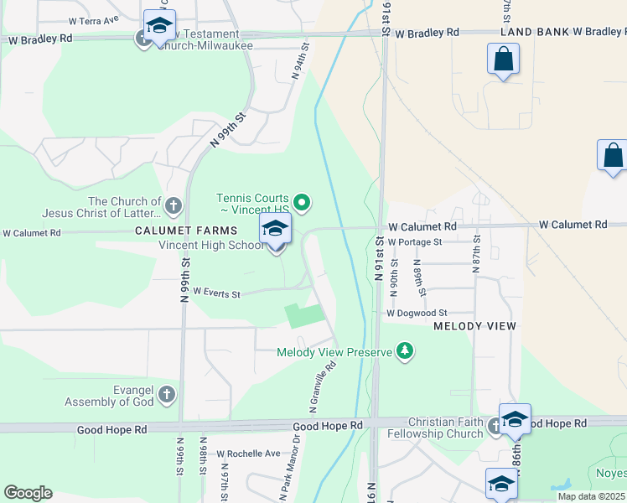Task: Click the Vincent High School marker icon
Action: (x=275, y=228)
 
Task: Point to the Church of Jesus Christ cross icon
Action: (x=173, y=205)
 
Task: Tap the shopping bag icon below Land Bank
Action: (x=503, y=60)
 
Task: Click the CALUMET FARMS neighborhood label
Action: (x=189, y=230)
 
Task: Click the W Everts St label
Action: (x=216, y=293)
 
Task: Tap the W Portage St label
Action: (x=414, y=242)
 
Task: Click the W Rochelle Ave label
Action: (x=248, y=454)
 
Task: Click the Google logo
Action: (x=28, y=493)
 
